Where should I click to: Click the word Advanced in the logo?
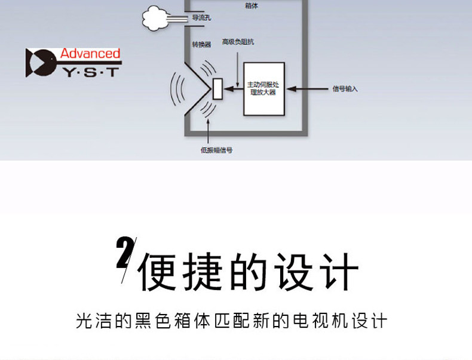coord(90,54)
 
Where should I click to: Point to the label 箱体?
coord(252,5)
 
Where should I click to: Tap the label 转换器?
coord(201,44)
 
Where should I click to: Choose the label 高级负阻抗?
coord(238,42)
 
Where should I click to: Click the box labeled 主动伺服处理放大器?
coord(263,89)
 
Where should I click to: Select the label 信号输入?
coord(345,89)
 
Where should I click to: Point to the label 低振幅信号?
coord(216,150)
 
